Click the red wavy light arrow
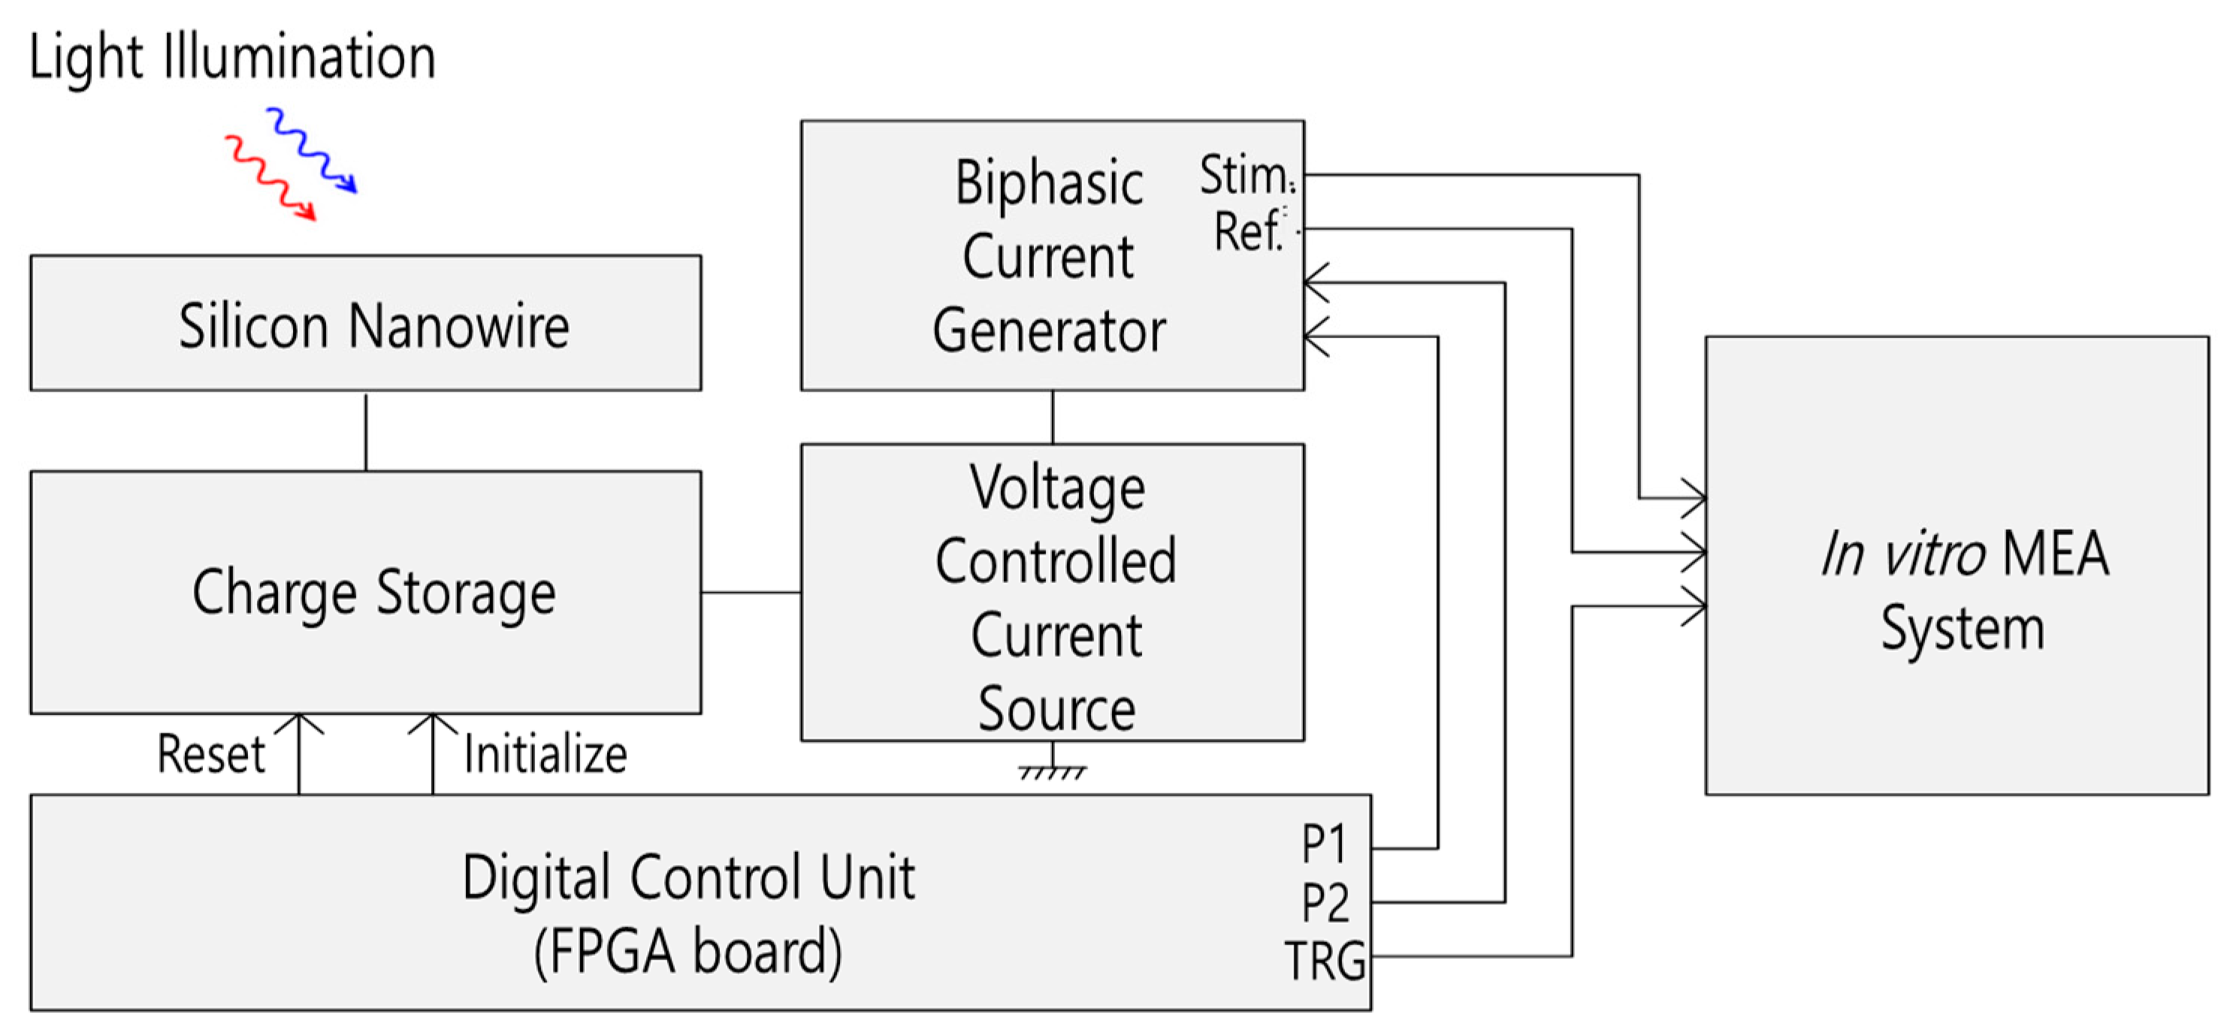pyautogui.click(x=270, y=178)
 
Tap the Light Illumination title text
pyautogui.click(x=231, y=57)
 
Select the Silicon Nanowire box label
pyautogui.click(x=374, y=326)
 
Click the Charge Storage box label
pyautogui.click(x=374, y=594)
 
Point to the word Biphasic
pyautogui.click(x=1049, y=184)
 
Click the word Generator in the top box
pyautogui.click(x=1049, y=331)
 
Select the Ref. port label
pyautogui.click(x=1247, y=231)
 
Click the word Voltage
pyautogui.click(x=1056, y=488)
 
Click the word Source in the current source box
pyautogui.click(x=1056, y=710)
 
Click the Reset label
pyautogui.click(x=211, y=754)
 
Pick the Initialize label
pyautogui.click(x=545, y=754)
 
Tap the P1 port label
pyautogui.click(x=1324, y=844)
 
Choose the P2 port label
pyautogui.click(x=1325, y=902)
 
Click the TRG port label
pyautogui.click(x=1325, y=961)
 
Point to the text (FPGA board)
pyautogui.click(x=687, y=952)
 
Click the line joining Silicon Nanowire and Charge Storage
pyautogui.click(x=365, y=431)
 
